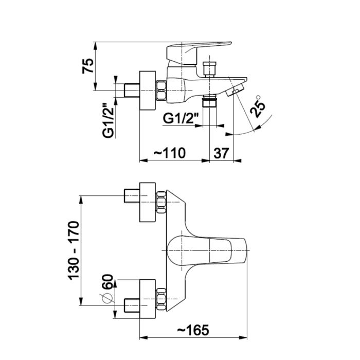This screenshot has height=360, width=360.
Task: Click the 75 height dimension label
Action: (88, 66)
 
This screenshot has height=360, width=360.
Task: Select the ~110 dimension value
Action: (170, 153)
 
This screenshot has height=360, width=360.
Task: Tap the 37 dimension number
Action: (221, 153)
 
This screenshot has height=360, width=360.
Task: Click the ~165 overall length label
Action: (193, 330)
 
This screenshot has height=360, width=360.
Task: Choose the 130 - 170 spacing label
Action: (74, 250)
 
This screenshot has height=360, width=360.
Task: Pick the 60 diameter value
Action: (107, 282)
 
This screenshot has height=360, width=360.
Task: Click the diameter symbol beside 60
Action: (106, 298)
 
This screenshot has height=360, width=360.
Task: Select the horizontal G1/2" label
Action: (178, 118)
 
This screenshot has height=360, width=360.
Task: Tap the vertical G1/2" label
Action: (109, 120)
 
